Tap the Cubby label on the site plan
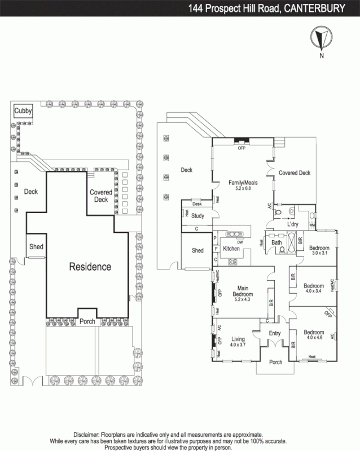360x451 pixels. point(23,110)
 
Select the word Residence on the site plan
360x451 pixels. point(90,267)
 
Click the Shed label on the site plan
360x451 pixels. point(36,247)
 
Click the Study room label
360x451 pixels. point(197,215)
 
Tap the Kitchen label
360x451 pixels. point(231,249)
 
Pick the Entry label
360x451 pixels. point(275,333)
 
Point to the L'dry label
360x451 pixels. point(293,224)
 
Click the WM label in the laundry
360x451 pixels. point(312,225)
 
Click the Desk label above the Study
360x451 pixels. point(196,204)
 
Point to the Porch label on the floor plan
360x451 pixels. point(275,362)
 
